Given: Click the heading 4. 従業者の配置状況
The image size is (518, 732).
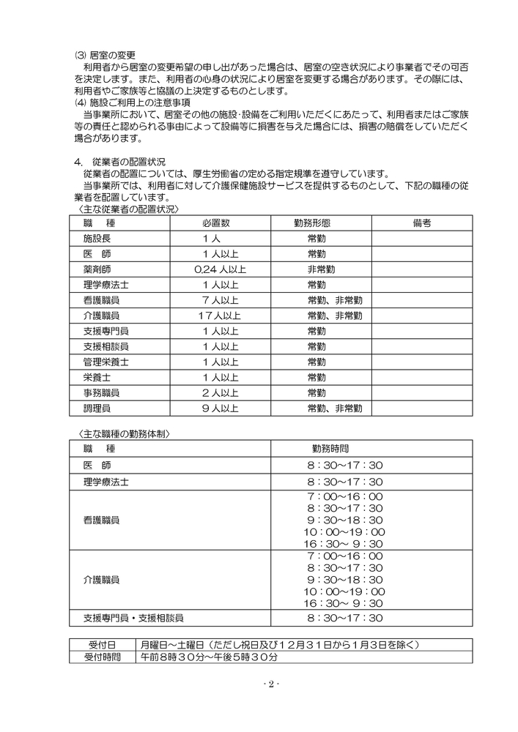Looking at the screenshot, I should [x=119, y=160].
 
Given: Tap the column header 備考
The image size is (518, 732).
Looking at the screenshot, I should [x=421, y=223].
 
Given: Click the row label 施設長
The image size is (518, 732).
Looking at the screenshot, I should [x=97, y=239].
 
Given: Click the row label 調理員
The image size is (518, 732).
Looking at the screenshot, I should [x=97, y=408].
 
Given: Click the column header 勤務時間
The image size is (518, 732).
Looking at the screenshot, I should [x=335, y=449].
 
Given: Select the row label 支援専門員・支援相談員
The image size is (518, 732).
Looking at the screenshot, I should [x=133, y=618].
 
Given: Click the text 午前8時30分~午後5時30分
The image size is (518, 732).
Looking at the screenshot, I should [x=210, y=657].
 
